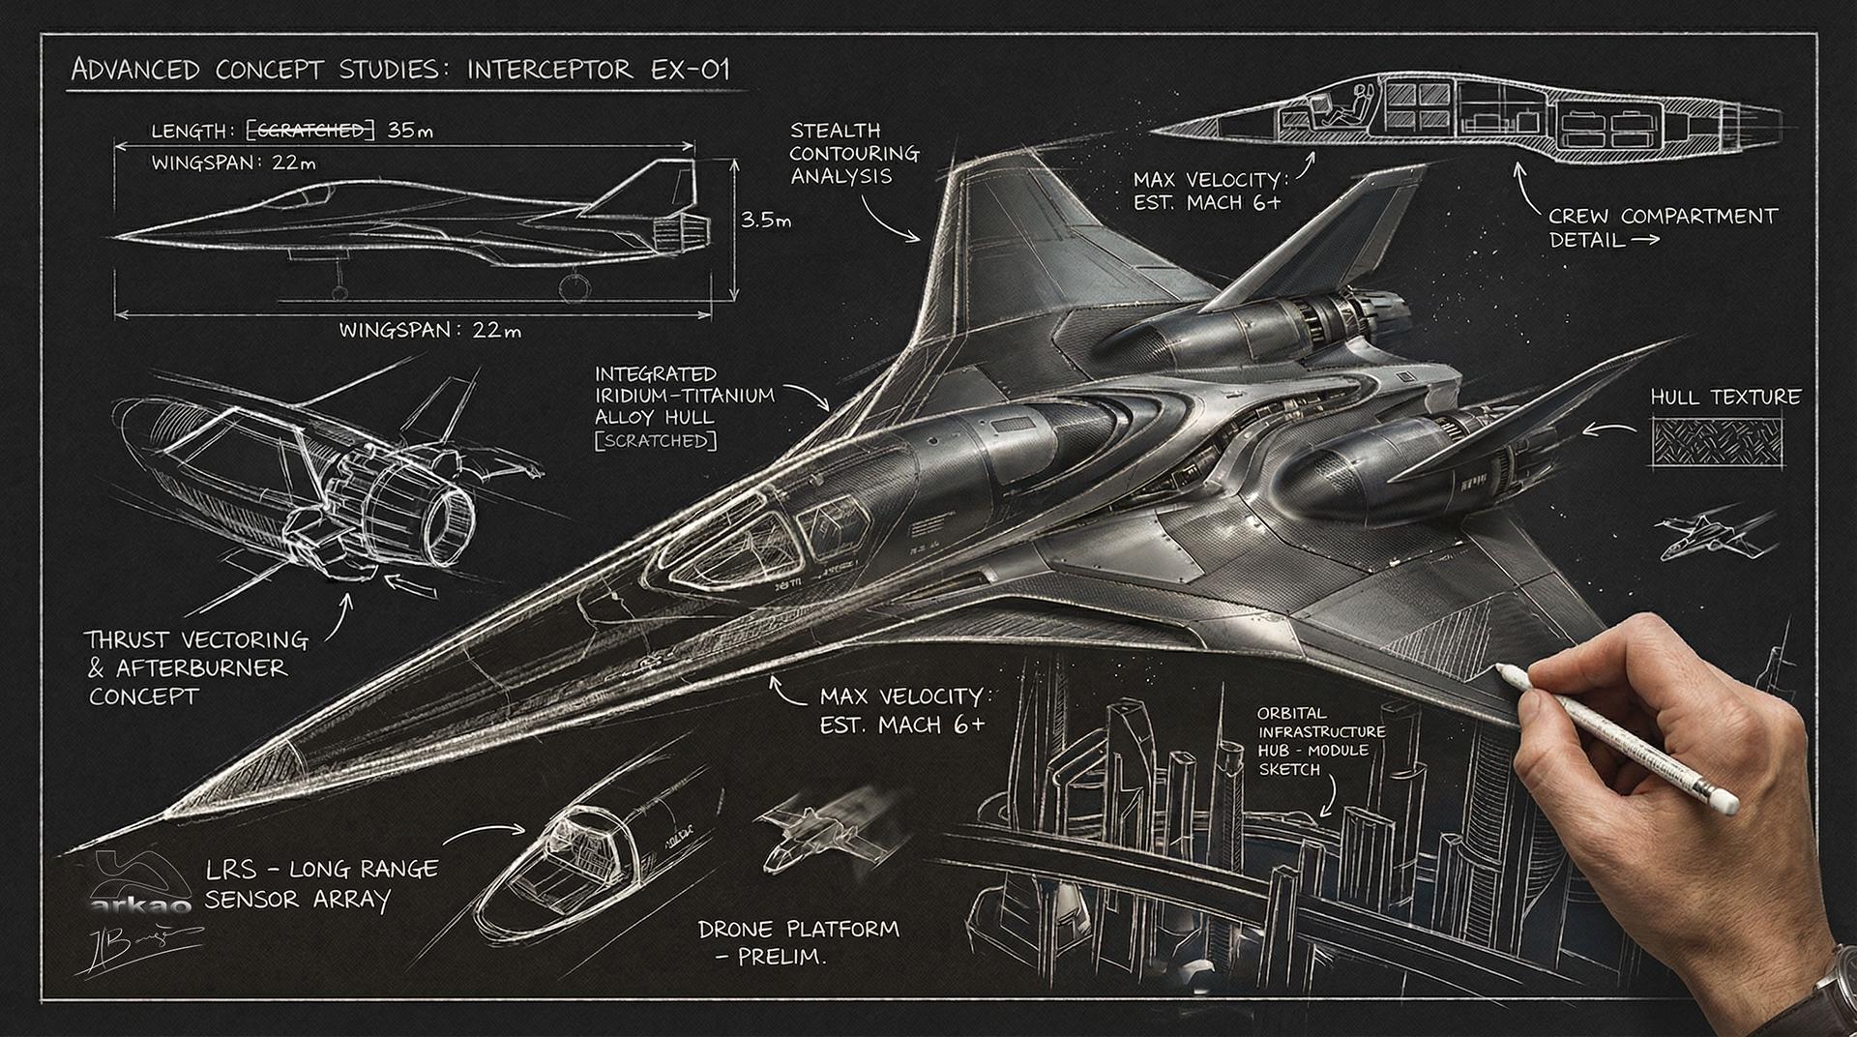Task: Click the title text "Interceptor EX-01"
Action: click(x=599, y=71)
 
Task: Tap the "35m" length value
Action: click(x=410, y=131)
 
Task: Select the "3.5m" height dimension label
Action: click(x=766, y=221)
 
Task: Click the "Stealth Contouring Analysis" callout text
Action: click(x=853, y=154)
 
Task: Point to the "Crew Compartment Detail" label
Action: click(x=1662, y=227)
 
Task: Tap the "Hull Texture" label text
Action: click(x=1724, y=398)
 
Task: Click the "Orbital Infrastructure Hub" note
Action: click(x=1320, y=741)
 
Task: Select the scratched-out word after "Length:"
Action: click(x=307, y=131)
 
